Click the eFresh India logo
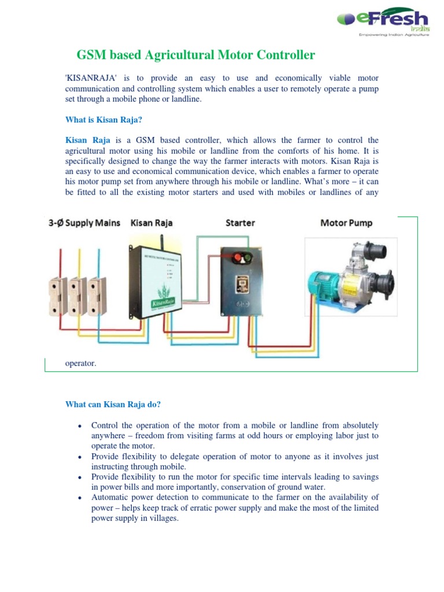[x=382, y=24]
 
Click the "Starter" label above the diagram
[x=240, y=223]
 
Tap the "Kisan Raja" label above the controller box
[x=151, y=223]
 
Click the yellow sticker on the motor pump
[x=352, y=288]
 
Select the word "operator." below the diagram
[x=80, y=364]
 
